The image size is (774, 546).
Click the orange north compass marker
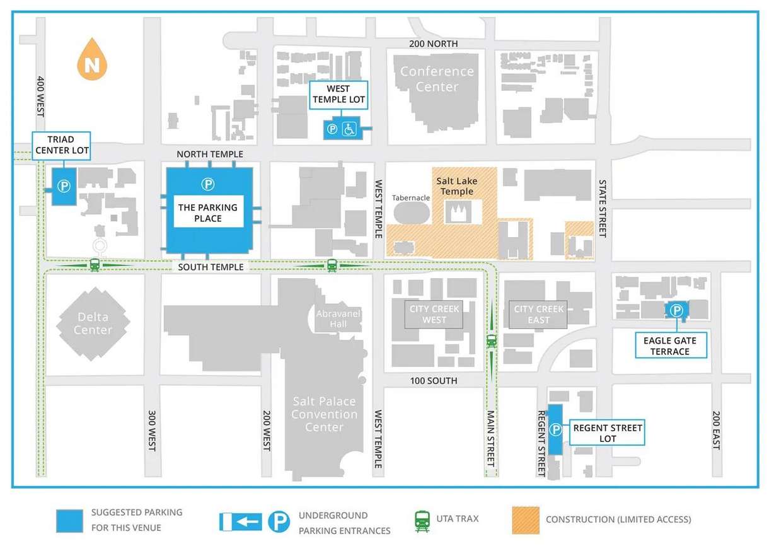(x=92, y=61)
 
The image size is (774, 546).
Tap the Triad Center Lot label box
(x=62, y=146)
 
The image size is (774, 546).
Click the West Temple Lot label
(x=338, y=94)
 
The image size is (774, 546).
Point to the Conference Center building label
(x=437, y=79)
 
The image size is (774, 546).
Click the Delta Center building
(x=93, y=323)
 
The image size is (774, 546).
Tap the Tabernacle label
(x=411, y=197)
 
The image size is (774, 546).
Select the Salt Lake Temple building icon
(x=458, y=212)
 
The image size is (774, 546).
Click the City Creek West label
(x=434, y=314)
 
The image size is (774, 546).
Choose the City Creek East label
(x=538, y=314)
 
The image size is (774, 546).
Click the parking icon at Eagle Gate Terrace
(x=676, y=310)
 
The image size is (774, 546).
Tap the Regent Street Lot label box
(x=608, y=433)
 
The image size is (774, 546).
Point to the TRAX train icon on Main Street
(x=492, y=341)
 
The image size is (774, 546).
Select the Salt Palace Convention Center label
(x=324, y=414)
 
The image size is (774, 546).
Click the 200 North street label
(x=433, y=44)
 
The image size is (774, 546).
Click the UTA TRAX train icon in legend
(x=422, y=520)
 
